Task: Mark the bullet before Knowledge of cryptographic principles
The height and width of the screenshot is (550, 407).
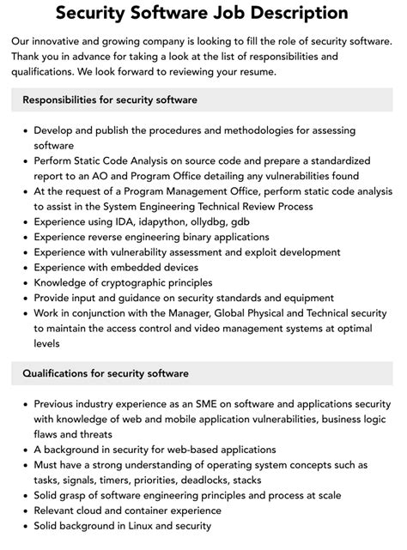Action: click(x=23, y=283)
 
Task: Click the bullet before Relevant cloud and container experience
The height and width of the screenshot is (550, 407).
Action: click(x=23, y=511)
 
